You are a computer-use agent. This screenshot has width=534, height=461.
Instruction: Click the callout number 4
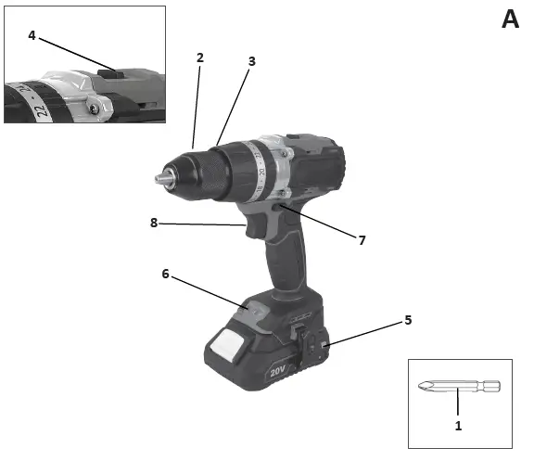tap(32, 35)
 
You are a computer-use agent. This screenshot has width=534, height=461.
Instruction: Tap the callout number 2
tap(200, 58)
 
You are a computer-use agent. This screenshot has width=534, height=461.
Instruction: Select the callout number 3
tap(251, 61)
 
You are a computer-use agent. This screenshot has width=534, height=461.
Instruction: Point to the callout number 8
tap(154, 223)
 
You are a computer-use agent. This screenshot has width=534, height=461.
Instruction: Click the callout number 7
tap(362, 240)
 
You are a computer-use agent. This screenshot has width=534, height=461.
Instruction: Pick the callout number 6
tap(166, 274)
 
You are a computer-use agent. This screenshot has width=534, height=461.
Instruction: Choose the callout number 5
tap(408, 320)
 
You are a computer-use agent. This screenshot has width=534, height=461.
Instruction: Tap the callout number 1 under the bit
tap(458, 426)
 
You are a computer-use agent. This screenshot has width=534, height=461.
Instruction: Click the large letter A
tap(510, 19)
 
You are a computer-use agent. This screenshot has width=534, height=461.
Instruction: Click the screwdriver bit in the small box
tap(459, 386)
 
